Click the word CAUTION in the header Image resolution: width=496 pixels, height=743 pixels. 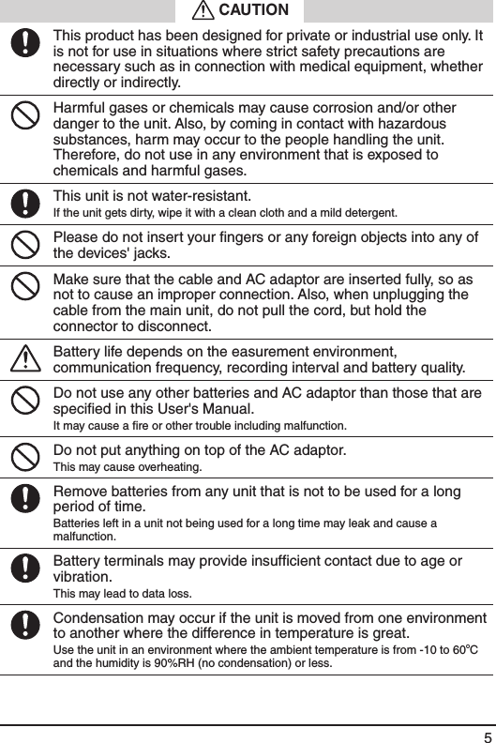point(253,10)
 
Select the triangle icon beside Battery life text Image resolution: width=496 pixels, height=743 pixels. point(29,358)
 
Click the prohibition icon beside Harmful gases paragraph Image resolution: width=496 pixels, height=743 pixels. point(29,116)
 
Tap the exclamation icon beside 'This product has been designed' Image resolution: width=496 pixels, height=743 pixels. point(29,43)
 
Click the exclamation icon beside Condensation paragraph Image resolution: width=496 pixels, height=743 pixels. point(29,624)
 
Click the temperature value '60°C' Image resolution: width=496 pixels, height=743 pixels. point(472,650)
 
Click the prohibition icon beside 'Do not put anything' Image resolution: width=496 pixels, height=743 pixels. point(29,456)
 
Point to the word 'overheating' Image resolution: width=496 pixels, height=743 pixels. point(167,467)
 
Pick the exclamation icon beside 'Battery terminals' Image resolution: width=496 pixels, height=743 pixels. point(29,568)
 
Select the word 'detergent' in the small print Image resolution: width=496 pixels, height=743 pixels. point(365,212)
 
